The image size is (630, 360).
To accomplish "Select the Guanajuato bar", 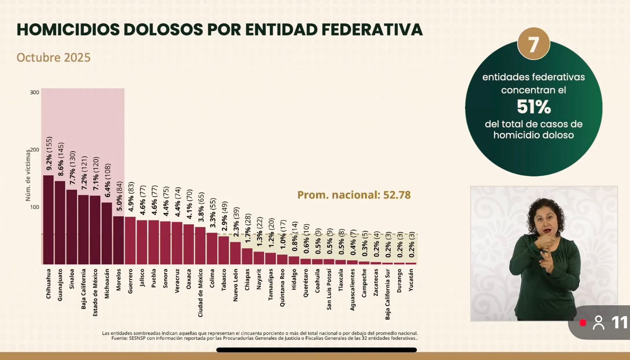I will click(60, 223).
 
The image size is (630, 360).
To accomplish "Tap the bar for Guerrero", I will click(130, 240).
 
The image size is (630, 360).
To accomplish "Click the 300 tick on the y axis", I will click(35, 93).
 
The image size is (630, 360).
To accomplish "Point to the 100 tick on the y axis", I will click(35, 207).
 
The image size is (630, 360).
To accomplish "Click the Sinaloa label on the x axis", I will click(72, 279).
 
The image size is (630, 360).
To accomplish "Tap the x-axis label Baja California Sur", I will click(388, 294).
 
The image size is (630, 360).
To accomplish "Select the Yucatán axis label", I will click(411, 280).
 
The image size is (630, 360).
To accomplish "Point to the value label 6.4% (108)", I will click(107, 180).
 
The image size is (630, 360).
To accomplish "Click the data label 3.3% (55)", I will click(213, 213).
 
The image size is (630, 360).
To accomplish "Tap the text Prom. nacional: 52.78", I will click(354, 195).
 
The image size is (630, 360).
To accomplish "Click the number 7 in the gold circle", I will click(534, 44).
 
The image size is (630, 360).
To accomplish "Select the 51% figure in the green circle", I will click(534, 107).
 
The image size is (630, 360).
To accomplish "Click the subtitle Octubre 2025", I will click(54, 58).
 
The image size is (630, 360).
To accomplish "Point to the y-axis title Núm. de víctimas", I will click(28, 175).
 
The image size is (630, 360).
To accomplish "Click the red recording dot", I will click(583, 323).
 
